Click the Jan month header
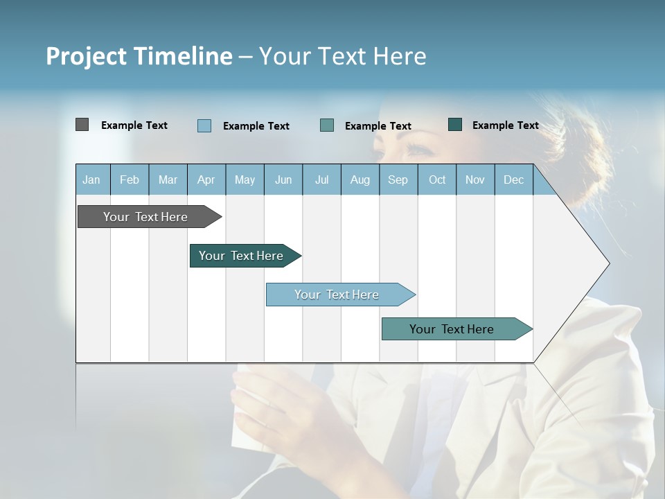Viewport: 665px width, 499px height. point(92,180)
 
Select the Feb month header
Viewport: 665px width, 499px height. point(130,180)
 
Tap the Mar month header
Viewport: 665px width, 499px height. point(168,180)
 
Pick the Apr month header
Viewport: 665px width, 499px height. point(206,180)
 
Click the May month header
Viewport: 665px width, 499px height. point(245,180)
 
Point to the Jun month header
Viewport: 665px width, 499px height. point(283,180)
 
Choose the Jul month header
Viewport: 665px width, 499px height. point(321,180)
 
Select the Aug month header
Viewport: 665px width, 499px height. point(360,180)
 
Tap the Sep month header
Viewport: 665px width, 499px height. point(398,180)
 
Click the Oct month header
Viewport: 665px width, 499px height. point(437,180)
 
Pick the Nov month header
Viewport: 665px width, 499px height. point(475,180)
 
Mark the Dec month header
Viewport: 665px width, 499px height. point(514,180)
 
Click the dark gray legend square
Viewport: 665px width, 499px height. point(82,125)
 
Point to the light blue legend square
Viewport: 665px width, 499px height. point(204,125)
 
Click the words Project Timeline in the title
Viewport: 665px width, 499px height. point(139,56)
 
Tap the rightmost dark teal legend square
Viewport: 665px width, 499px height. point(455,125)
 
